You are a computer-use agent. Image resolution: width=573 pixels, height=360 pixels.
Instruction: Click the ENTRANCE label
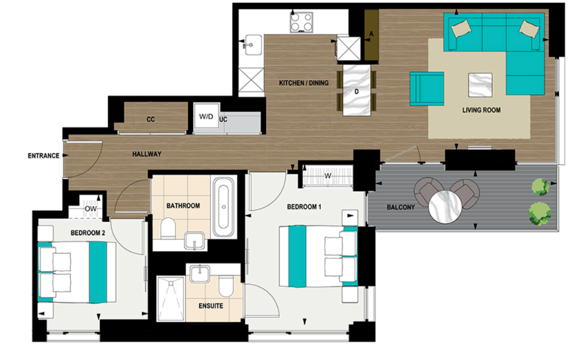point(44,156)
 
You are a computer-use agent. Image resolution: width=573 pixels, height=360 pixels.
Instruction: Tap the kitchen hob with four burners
point(302,23)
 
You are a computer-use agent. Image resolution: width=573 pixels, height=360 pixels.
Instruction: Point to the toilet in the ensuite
point(226,286)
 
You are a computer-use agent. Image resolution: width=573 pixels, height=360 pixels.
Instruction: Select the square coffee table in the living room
point(480,85)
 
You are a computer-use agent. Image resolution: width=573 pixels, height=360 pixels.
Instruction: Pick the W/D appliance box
point(206,116)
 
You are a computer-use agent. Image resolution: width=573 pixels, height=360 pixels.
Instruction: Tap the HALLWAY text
point(146,154)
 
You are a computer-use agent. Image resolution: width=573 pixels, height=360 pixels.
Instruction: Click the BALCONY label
point(401,208)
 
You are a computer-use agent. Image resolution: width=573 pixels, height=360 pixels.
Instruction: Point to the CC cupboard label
point(150,119)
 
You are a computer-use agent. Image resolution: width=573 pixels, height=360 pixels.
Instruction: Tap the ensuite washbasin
point(199,274)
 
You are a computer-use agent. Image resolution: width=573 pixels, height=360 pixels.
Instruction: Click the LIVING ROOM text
point(481,111)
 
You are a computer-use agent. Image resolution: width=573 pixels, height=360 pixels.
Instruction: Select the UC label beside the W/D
point(223,119)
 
